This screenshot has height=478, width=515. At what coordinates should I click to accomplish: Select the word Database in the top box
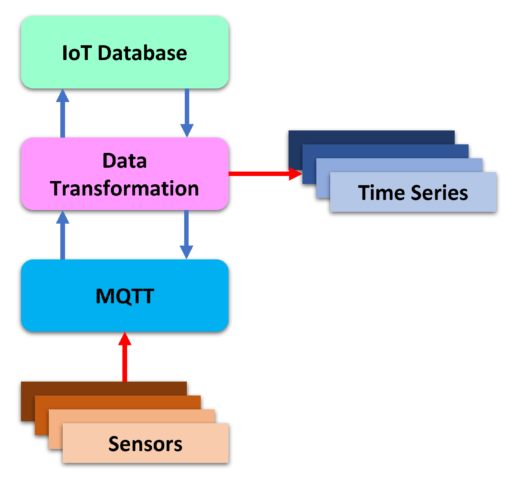142,53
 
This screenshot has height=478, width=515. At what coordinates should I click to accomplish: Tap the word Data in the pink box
124,161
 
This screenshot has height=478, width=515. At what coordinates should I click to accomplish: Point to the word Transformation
124,189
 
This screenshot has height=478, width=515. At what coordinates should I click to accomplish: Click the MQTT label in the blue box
125,296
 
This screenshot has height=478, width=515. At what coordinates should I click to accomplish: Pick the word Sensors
145,444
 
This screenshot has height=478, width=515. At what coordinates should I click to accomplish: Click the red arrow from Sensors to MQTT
125,361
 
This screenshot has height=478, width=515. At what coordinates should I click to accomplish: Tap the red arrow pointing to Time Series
260,174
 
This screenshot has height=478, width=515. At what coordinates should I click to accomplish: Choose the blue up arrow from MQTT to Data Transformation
63,237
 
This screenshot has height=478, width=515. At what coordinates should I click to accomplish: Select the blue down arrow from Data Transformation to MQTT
187,231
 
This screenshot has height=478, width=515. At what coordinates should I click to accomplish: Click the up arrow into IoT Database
63,115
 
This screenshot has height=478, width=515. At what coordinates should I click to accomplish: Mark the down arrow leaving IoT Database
187,109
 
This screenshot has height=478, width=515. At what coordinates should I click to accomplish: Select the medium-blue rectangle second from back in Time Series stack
384,151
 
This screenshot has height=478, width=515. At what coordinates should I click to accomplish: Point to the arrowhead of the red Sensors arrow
125,340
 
